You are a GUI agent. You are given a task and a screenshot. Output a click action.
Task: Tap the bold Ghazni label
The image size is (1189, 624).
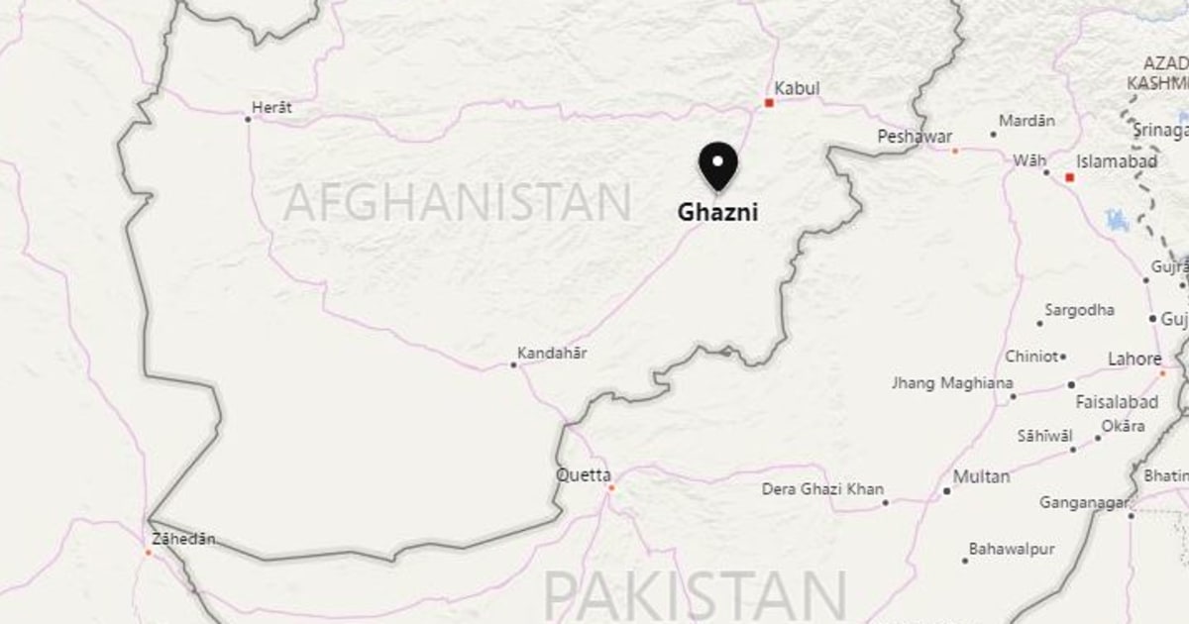(x=717, y=212)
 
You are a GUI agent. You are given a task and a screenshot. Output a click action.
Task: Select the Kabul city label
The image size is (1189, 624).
(x=797, y=89)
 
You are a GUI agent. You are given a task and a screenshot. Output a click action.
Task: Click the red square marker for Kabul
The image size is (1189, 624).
(x=768, y=102)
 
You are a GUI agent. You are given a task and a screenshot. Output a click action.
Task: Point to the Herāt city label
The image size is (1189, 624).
(x=271, y=107)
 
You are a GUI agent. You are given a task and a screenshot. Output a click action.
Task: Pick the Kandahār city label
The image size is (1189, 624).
(x=552, y=353)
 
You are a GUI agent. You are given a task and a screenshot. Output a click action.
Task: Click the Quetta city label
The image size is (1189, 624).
(x=583, y=474)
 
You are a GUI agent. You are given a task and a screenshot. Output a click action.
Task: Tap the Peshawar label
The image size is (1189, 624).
(x=915, y=137)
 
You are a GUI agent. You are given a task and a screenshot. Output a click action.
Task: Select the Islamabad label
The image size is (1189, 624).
(x=1119, y=161)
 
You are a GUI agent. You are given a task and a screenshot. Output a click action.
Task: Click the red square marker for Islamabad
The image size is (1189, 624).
(x=1070, y=178)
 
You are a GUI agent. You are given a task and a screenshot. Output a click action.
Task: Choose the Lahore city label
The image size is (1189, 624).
(x=1135, y=359)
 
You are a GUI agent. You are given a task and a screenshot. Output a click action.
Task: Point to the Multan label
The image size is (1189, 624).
(x=981, y=476)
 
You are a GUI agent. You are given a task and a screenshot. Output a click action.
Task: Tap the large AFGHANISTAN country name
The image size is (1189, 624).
(x=457, y=203)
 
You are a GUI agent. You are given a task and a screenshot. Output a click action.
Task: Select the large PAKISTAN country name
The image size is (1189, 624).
(x=695, y=596)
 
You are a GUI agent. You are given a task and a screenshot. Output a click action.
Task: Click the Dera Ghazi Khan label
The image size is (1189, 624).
(x=822, y=489)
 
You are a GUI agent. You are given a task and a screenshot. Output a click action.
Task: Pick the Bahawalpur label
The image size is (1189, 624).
(x=1012, y=549)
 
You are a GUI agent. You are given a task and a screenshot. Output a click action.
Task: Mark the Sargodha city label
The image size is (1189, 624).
(x=1078, y=310)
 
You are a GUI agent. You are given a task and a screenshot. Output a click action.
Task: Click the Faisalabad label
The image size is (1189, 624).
(x=1117, y=402)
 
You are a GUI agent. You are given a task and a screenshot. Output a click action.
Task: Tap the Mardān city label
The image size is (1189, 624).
(x=1027, y=121)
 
